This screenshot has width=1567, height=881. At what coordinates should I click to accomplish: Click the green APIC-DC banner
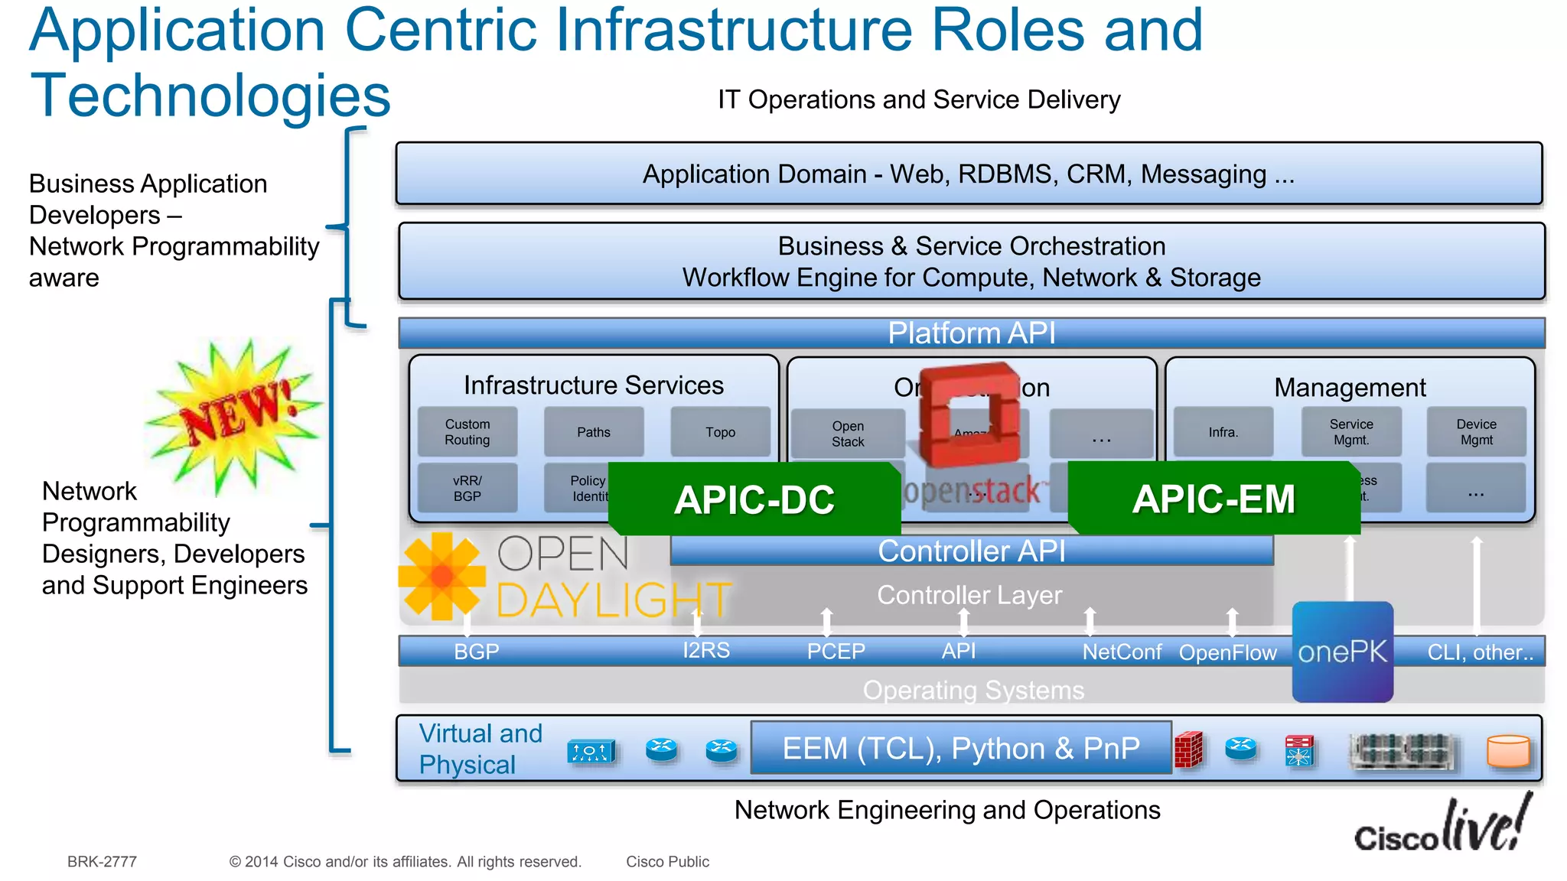tap(754, 499)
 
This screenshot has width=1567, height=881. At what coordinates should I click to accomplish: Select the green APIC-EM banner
tap(1214, 499)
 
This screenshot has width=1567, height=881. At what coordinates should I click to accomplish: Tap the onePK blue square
tap(1342, 652)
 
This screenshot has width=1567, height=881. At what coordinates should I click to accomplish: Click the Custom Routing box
tap(467, 432)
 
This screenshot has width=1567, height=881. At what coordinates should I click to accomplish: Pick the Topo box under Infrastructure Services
tap(720, 432)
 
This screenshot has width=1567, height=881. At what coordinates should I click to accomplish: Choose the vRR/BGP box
tap(467, 488)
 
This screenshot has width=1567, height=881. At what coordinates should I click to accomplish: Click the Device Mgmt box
tap(1476, 432)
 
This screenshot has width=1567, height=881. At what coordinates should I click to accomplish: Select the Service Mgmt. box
tap(1351, 432)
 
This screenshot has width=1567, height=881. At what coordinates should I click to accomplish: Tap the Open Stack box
tap(848, 434)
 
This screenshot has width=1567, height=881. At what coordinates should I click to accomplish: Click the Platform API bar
tap(971, 333)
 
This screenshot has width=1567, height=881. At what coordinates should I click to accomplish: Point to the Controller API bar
tap(971, 551)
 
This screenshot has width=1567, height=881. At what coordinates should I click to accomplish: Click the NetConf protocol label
tap(1122, 652)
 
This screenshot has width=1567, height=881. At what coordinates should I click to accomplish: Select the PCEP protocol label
tap(836, 652)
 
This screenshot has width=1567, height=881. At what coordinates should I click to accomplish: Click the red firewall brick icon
tap(1188, 749)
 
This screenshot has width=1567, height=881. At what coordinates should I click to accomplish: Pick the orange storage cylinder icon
tap(1508, 751)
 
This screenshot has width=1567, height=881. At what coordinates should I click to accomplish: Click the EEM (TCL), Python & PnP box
tap(961, 748)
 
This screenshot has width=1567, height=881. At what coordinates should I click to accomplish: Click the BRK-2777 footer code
tap(102, 862)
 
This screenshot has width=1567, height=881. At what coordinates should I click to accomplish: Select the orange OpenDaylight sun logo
tap(441, 576)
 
